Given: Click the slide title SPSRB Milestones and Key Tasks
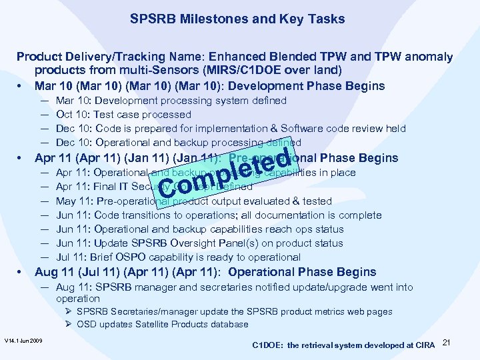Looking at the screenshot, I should (x=237, y=19).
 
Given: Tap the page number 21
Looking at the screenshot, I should (x=447, y=343).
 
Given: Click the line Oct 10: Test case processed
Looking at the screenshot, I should (x=123, y=115).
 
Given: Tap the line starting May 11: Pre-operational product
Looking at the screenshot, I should (x=193, y=201).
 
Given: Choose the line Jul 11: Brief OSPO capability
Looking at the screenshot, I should (x=178, y=257).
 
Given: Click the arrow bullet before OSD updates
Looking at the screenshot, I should (x=69, y=325).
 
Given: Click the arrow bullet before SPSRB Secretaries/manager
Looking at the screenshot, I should (x=69, y=311).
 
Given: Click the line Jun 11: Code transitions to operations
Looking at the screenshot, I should (x=219, y=215).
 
